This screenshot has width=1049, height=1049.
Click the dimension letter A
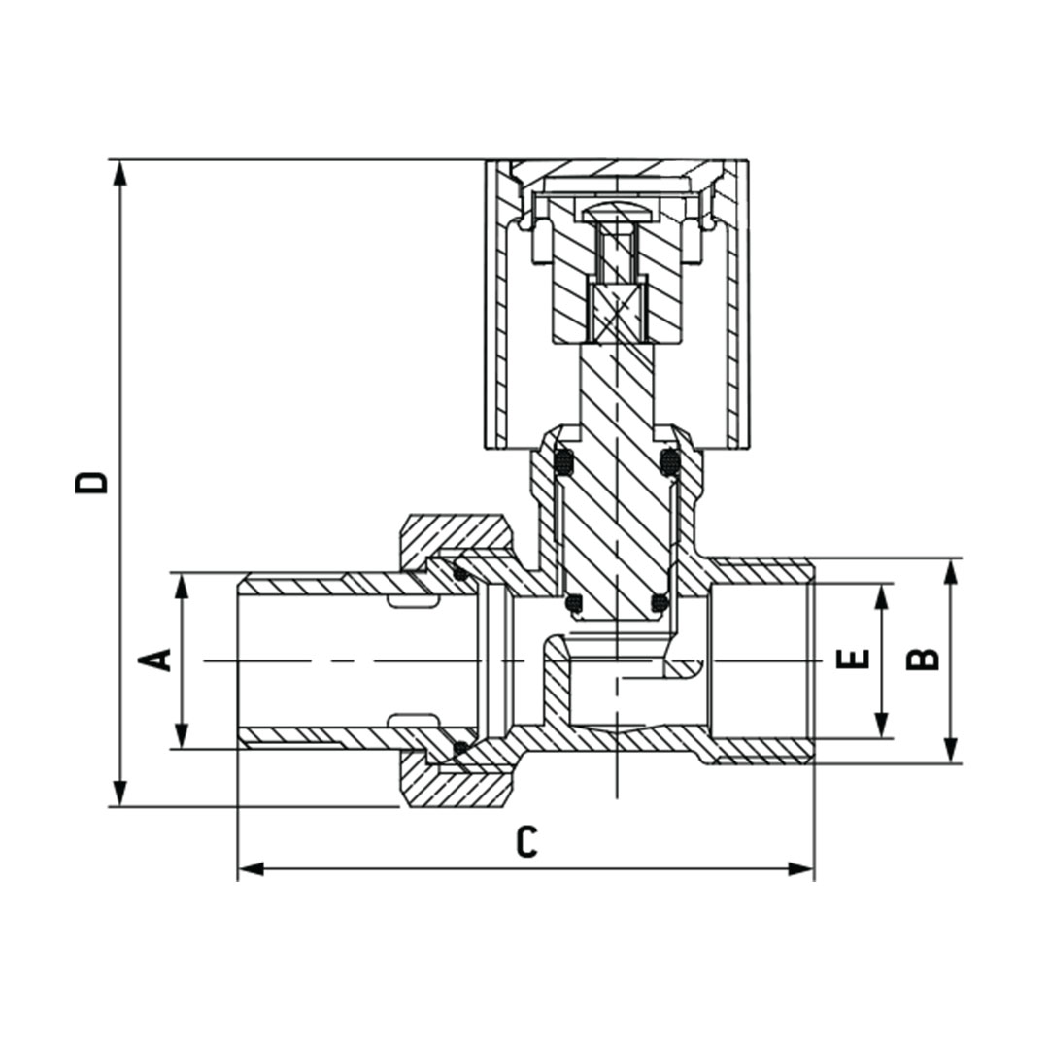[157, 660]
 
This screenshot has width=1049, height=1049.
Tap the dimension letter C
[525, 842]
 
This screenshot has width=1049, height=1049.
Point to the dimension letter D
[92, 482]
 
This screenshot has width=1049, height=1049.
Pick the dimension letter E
[853, 660]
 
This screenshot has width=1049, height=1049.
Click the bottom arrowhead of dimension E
[882, 726]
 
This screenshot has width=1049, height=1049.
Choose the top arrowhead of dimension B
[951, 571]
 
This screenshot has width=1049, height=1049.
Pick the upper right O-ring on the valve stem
[669, 461]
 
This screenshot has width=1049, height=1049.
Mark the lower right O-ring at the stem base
[659, 604]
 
